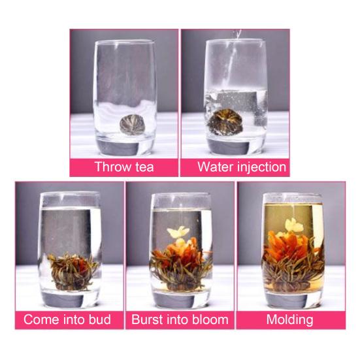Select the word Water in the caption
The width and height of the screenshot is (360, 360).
click(215, 167)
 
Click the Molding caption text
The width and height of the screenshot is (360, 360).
click(289, 319)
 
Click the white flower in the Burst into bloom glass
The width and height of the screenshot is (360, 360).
click(177, 232)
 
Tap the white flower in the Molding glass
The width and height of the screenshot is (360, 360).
click(291, 225)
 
